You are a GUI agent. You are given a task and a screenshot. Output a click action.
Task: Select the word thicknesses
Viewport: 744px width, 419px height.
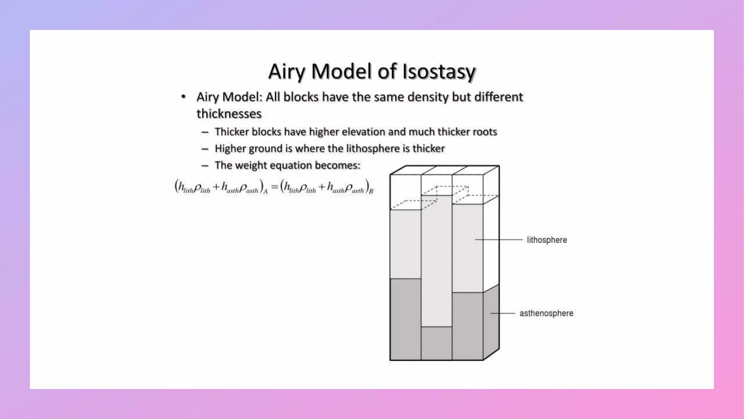[229, 114]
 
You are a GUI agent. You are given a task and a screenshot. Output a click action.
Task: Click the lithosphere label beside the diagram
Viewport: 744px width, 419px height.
[547, 240]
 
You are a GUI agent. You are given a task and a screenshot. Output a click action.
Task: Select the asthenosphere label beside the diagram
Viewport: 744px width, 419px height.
[546, 314]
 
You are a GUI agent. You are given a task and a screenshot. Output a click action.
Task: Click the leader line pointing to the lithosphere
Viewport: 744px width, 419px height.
[498, 240]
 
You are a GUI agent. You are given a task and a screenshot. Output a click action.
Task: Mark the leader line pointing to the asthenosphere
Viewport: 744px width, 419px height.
[503, 313]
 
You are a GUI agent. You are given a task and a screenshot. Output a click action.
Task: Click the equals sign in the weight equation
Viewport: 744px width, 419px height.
[275, 187]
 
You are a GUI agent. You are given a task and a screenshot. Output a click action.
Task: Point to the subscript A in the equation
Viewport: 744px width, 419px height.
[266, 192]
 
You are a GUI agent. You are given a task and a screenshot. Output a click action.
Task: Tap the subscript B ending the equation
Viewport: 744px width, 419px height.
[371, 191]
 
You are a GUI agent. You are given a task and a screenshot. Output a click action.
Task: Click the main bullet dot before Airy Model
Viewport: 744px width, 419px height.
[183, 97]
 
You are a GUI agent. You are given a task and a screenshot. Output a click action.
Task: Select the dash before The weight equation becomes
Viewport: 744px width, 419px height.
[205, 165]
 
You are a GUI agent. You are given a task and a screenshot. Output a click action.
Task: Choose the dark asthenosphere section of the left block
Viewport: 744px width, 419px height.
[405, 319]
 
